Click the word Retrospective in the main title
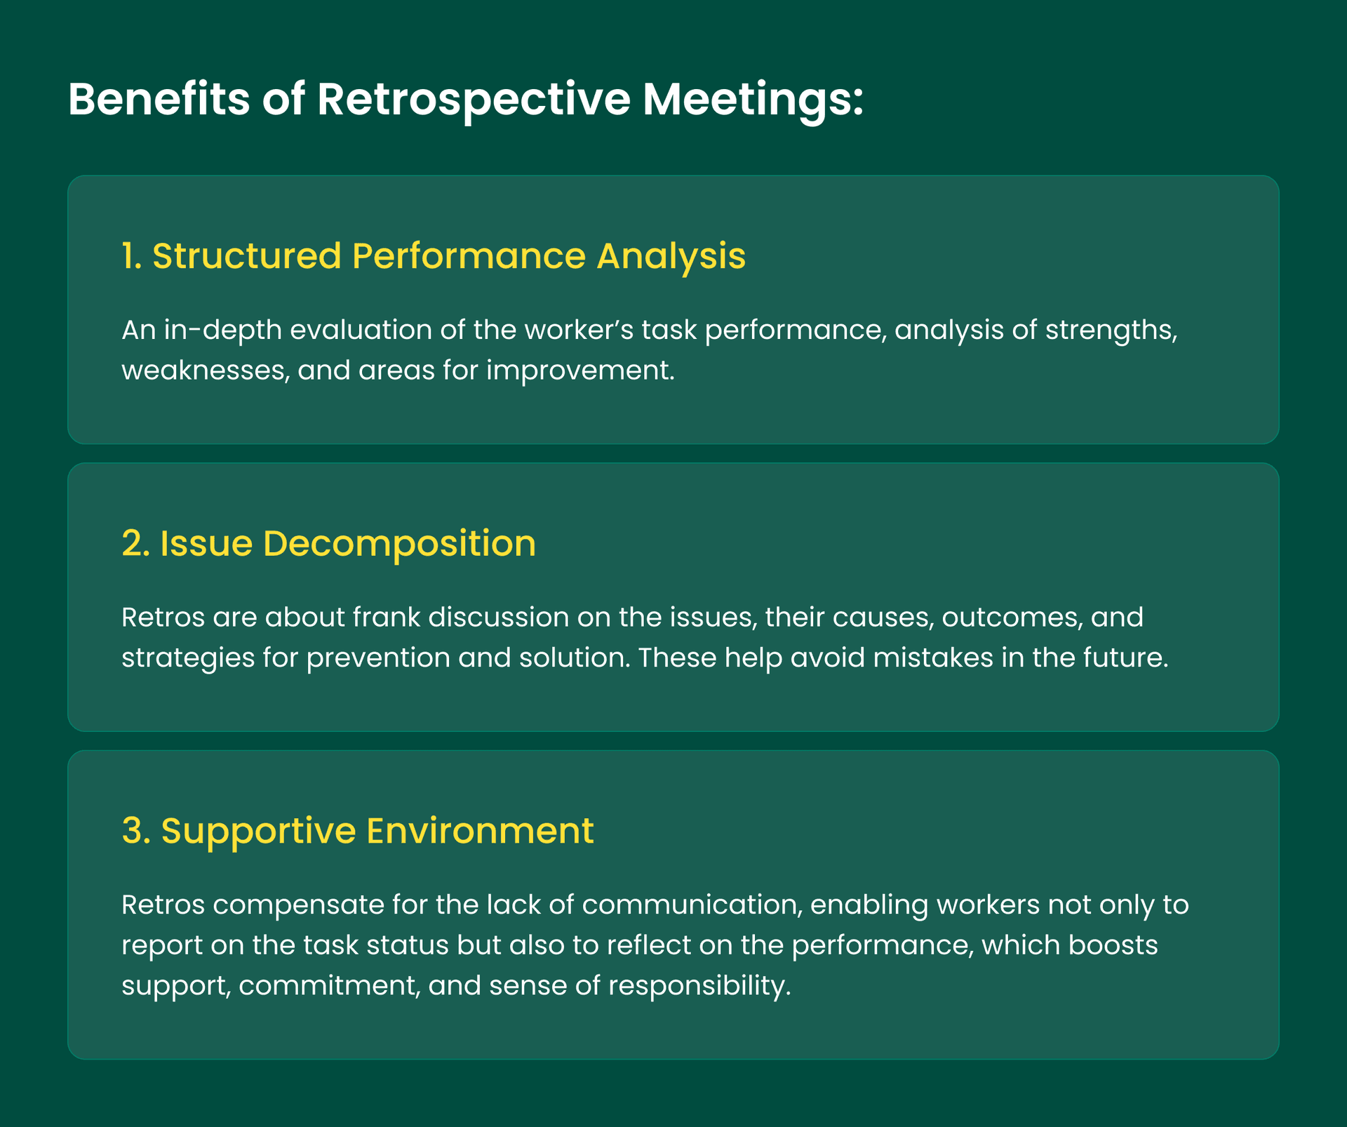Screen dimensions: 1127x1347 (x=474, y=99)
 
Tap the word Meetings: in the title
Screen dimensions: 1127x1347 (x=753, y=99)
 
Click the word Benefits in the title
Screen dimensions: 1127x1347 (x=159, y=99)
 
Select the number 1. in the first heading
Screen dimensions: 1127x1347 (x=132, y=255)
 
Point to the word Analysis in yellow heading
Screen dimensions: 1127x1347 (x=671, y=255)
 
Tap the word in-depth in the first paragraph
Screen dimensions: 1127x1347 (x=222, y=330)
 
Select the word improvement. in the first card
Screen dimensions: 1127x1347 (x=580, y=370)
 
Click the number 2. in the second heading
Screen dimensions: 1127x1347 (x=135, y=543)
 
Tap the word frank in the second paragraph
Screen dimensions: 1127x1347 (x=386, y=618)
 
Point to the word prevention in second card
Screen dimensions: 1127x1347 (x=378, y=658)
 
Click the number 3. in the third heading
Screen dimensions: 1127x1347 (x=135, y=830)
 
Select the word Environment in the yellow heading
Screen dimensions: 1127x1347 (x=480, y=830)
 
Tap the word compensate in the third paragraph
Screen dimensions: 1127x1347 (x=298, y=905)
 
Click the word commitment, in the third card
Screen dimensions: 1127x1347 (x=329, y=986)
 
